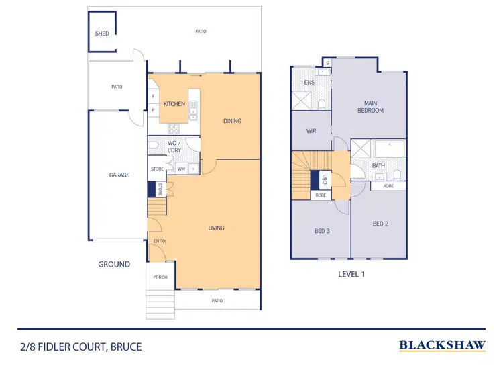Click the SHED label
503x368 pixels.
102,33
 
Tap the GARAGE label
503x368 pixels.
119,175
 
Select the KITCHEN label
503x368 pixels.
174,104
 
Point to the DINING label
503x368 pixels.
232,121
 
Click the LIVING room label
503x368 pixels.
215,228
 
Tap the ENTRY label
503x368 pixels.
160,241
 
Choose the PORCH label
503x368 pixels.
160,277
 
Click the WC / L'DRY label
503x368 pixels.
174,146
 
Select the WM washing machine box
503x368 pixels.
181,169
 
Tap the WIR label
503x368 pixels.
311,131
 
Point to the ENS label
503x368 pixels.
309,83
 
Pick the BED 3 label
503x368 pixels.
323,231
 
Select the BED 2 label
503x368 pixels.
380,224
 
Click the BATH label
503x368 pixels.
378,165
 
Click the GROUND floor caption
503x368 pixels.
114,265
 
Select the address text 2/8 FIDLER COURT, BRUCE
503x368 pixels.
81,347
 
